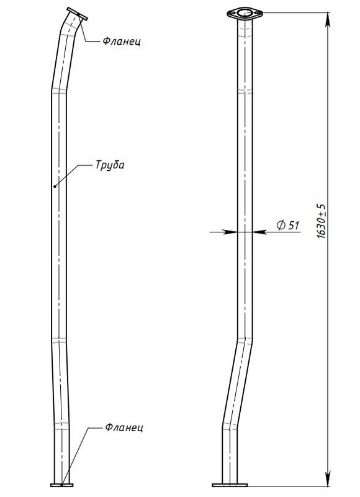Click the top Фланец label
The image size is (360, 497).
(x=122, y=41)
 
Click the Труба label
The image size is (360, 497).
(x=110, y=165)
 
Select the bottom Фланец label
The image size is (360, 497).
(x=124, y=427)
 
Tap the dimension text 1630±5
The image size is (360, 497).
(x=321, y=221)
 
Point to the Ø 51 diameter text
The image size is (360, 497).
(x=288, y=225)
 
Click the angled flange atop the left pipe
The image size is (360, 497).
(x=77, y=14)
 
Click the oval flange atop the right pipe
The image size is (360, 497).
(x=245, y=13)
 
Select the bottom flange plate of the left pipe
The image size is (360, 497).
(x=61, y=485)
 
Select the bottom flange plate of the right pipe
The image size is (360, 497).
(x=230, y=485)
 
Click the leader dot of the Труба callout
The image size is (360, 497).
(x=55, y=186)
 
